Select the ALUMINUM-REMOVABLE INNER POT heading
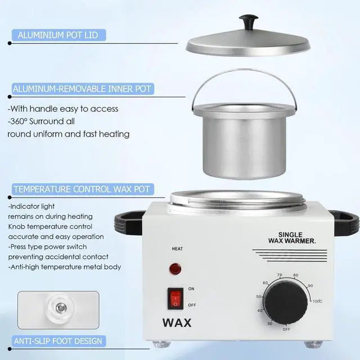(82, 89)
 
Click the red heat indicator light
(176, 269)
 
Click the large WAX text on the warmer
(177, 323)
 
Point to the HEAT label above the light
(177, 249)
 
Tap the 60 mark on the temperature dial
(265, 283)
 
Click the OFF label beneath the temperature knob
(286, 330)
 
